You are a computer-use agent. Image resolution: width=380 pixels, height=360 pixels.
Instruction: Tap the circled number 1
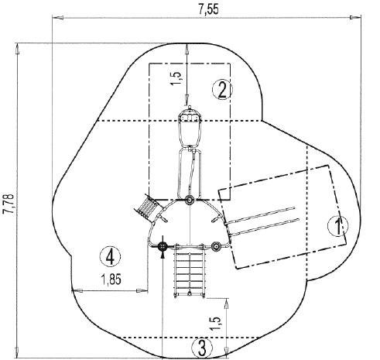pos(334,225)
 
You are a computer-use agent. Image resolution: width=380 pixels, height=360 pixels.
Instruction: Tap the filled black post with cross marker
pos(163,247)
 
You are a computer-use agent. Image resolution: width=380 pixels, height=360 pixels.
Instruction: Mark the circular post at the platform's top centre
pos(190,201)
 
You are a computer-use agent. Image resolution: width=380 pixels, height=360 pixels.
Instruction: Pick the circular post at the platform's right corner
pos(216,247)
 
